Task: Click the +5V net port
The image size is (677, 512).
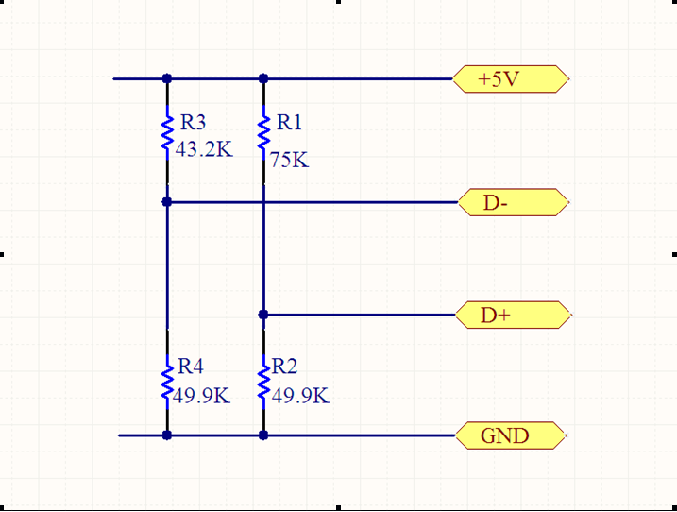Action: point(511,79)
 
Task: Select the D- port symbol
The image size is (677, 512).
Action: point(513,202)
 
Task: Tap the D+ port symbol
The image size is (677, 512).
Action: point(514,315)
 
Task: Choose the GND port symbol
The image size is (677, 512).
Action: point(511,435)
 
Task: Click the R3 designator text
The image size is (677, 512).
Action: point(193,122)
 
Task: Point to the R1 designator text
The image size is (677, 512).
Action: point(289,122)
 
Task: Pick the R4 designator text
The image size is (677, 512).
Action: point(191,367)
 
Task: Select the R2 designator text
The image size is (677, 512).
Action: point(284,367)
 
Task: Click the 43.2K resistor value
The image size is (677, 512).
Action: point(204,149)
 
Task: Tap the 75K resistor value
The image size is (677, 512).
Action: point(290,161)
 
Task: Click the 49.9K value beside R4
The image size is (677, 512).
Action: point(202,396)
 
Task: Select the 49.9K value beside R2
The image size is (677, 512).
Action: point(300,396)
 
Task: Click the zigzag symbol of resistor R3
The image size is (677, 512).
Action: point(167,133)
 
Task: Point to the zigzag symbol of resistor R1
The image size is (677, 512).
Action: point(263,133)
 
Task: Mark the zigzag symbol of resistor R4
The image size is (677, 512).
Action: point(167,382)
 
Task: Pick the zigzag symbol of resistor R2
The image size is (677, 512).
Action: point(263,382)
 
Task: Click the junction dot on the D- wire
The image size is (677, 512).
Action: point(167,202)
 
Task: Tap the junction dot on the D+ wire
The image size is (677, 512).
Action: point(263,315)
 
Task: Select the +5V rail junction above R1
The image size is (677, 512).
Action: point(263,78)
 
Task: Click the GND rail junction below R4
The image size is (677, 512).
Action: point(167,435)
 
